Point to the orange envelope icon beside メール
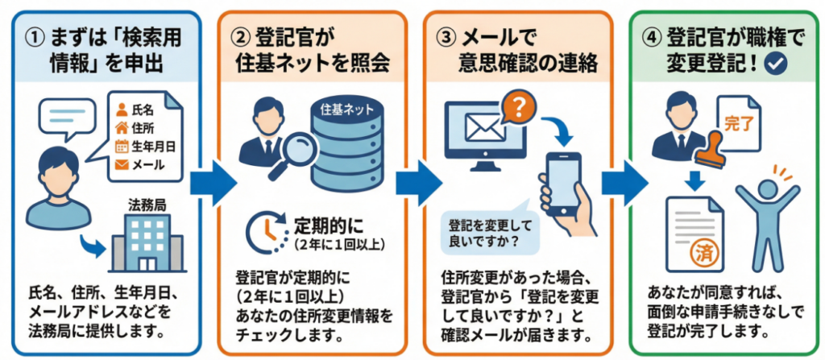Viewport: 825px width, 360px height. tap(122, 164)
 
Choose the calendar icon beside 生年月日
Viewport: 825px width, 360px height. tap(122, 146)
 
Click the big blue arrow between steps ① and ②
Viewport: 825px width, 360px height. tap(211, 183)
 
